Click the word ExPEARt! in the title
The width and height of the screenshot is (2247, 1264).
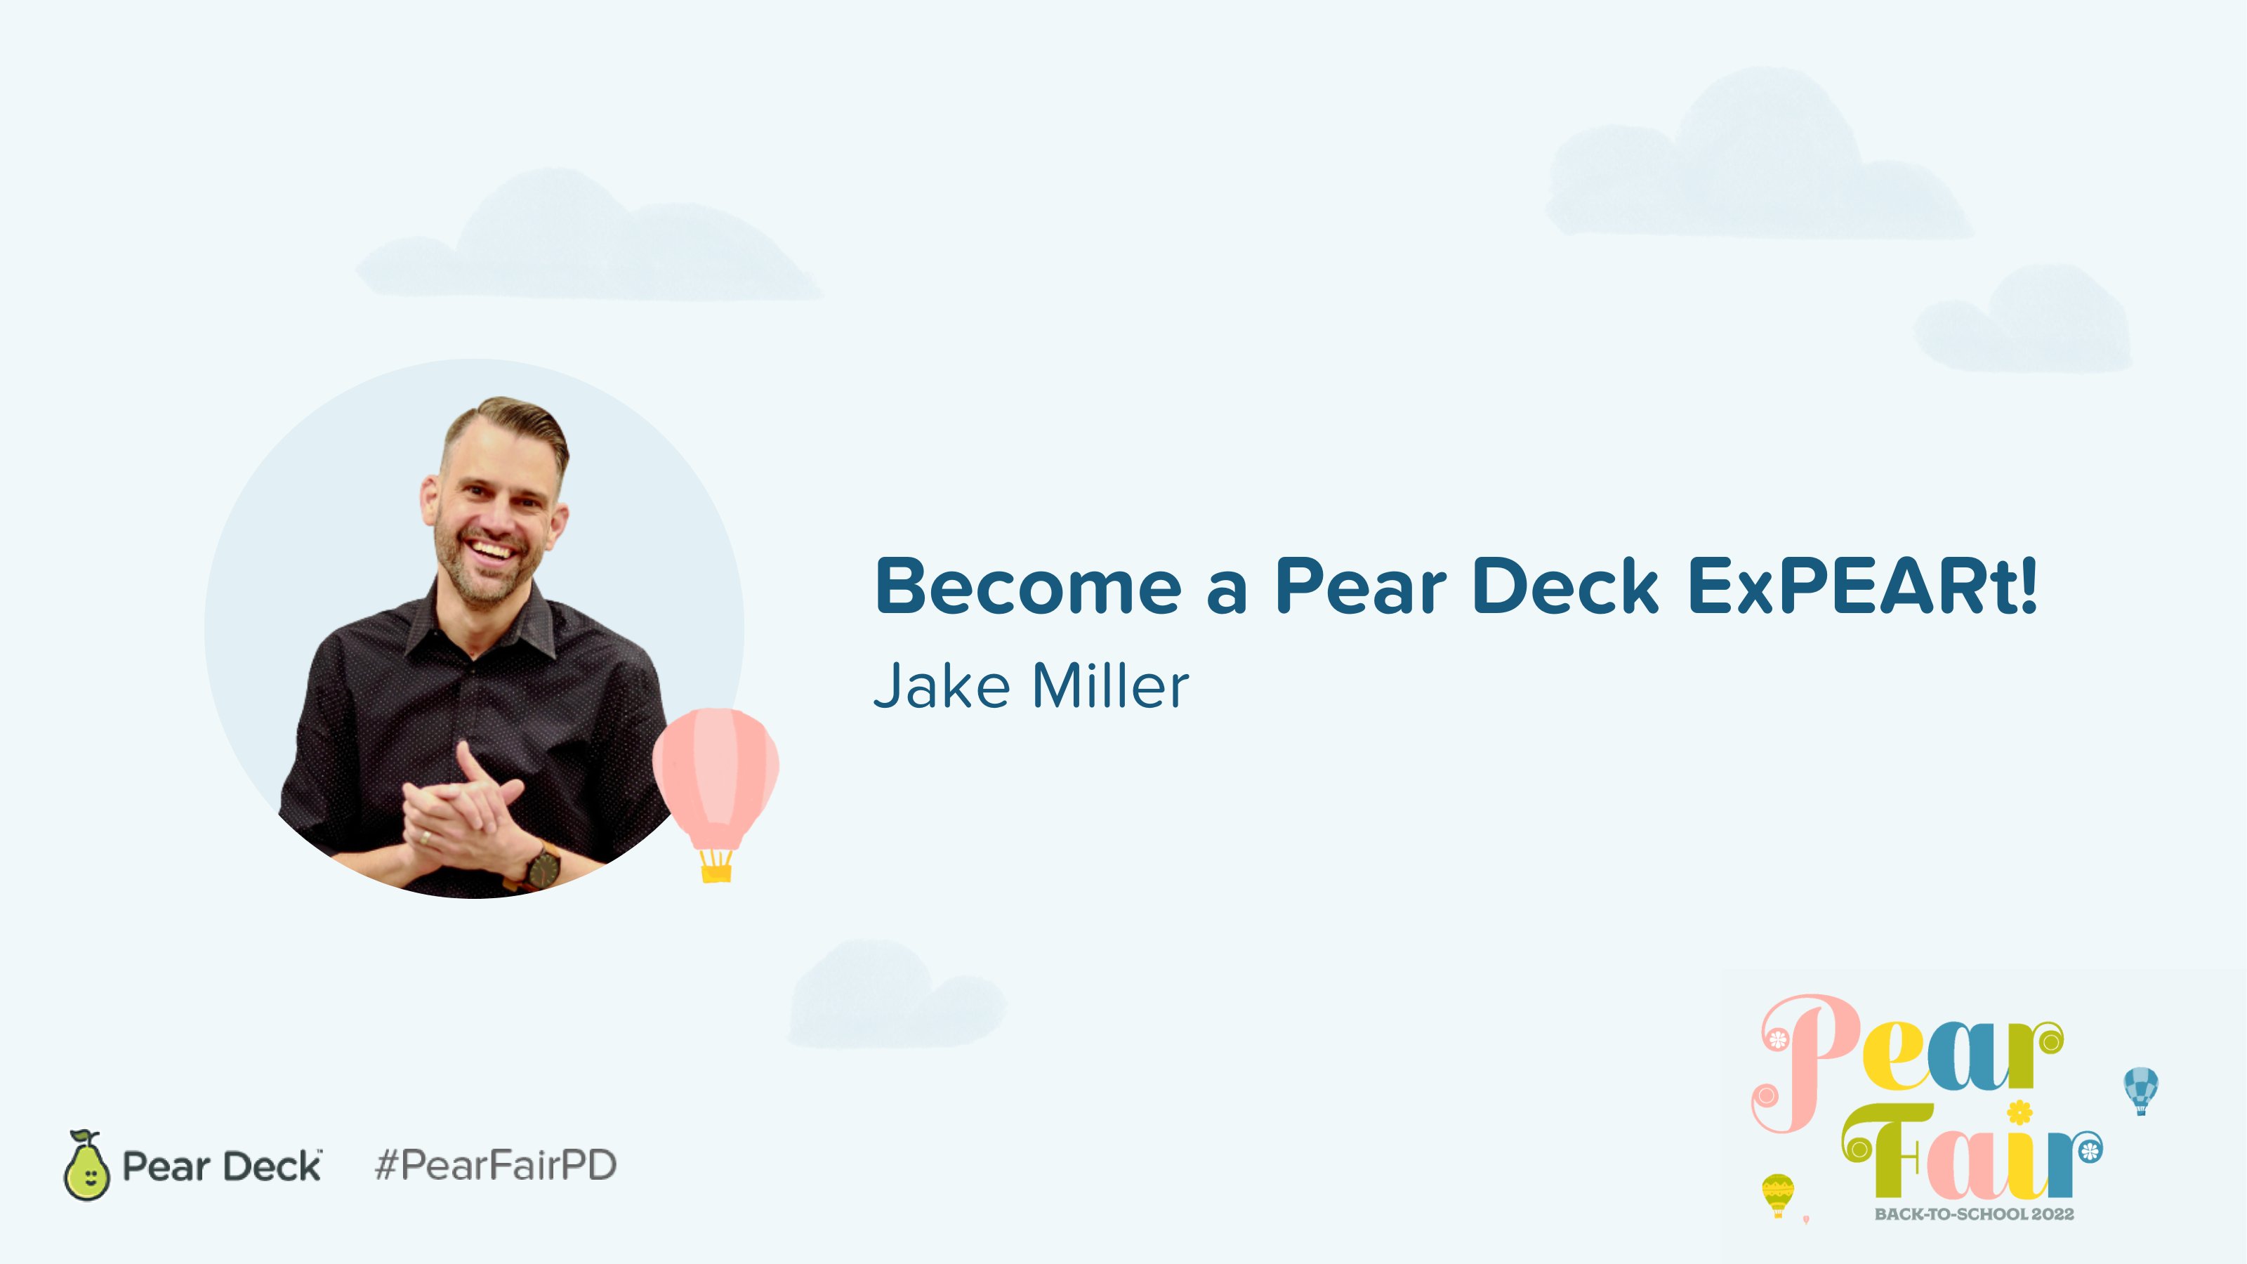[1862, 586]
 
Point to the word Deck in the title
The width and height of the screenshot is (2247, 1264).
[1565, 586]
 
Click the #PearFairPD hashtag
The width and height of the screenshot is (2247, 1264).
[496, 1166]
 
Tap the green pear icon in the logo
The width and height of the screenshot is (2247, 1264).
[86, 1166]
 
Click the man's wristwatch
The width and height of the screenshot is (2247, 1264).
[543, 867]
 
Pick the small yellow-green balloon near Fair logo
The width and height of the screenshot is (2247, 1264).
[1778, 1193]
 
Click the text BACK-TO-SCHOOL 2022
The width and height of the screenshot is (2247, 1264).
[1974, 1213]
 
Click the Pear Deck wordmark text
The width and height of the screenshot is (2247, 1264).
[222, 1166]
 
